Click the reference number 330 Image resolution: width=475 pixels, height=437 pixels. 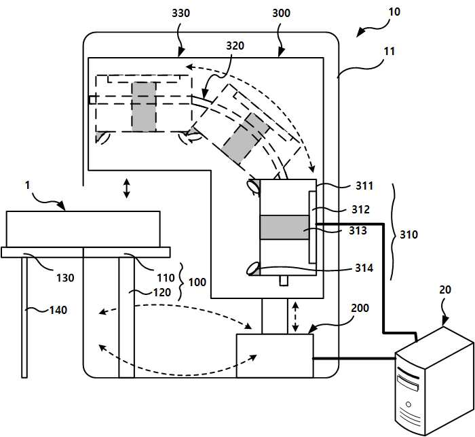[x=181, y=14]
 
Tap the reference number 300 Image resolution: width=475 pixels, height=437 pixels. [x=281, y=14]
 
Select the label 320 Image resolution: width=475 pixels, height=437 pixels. [x=235, y=46]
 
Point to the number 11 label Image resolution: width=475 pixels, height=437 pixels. [x=389, y=52]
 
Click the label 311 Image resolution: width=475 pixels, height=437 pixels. [x=364, y=186]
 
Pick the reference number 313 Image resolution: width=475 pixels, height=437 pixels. [x=358, y=230]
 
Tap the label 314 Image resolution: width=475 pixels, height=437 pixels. [x=364, y=268]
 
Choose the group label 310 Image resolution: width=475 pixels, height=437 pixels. [x=408, y=234]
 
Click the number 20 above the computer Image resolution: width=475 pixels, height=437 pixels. [x=445, y=290]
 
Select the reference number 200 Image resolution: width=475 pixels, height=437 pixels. [x=360, y=309]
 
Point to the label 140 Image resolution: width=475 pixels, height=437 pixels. [x=58, y=310]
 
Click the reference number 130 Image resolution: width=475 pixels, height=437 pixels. [x=65, y=278]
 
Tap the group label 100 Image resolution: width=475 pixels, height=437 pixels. [x=197, y=282]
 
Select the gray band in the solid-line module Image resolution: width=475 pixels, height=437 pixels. [x=284, y=227]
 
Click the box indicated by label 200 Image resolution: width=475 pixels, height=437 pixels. [x=275, y=355]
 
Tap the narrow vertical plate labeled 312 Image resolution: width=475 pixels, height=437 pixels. [x=312, y=227]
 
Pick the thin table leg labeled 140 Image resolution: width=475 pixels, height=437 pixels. [x=24, y=317]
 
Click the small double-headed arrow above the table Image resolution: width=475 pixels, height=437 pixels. [x=127, y=188]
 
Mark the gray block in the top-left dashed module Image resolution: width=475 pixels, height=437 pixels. [x=144, y=107]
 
